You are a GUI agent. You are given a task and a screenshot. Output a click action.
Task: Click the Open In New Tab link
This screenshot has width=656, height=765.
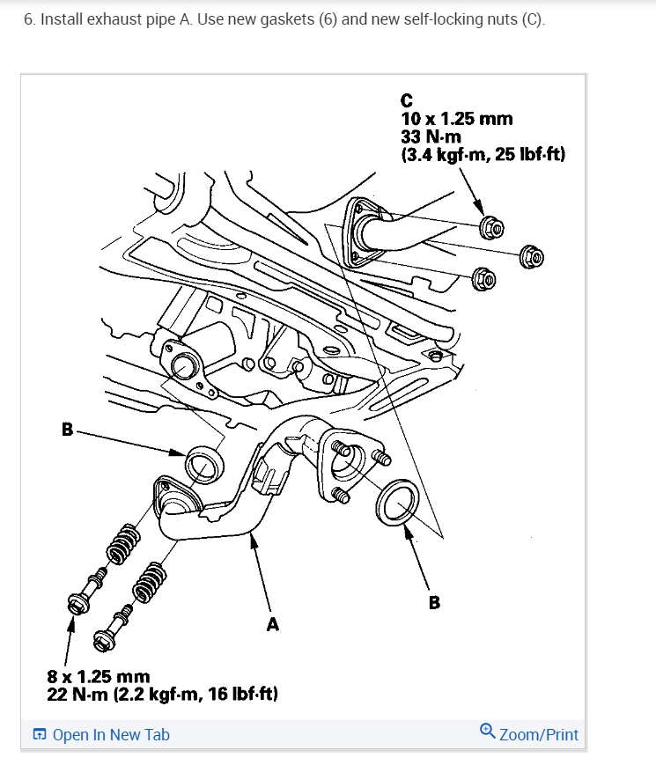click(x=111, y=734)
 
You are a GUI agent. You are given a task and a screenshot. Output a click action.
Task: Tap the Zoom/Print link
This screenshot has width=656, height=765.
click(x=538, y=734)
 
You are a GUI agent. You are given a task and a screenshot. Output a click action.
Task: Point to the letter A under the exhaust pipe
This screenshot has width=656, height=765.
click(x=272, y=624)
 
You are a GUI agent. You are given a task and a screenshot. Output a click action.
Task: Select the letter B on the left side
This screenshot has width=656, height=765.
click(x=67, y=430)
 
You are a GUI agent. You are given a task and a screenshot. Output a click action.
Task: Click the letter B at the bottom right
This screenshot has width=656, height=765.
click(x=433, y=603)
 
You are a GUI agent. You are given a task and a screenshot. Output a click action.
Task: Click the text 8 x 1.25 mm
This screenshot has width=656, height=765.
click(x=98, y=677)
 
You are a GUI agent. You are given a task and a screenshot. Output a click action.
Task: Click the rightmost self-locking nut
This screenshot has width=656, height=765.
click(x=534, y=257)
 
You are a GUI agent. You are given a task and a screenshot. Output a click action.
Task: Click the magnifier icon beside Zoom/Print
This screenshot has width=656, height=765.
click(x=487, y=733)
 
